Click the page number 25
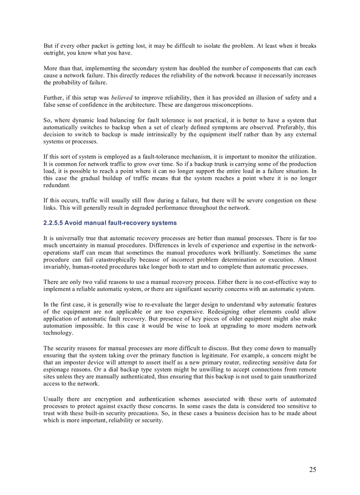click(x=312, y=470)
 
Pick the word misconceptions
click(x=232, y=105)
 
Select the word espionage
click(x=57, y=369)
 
